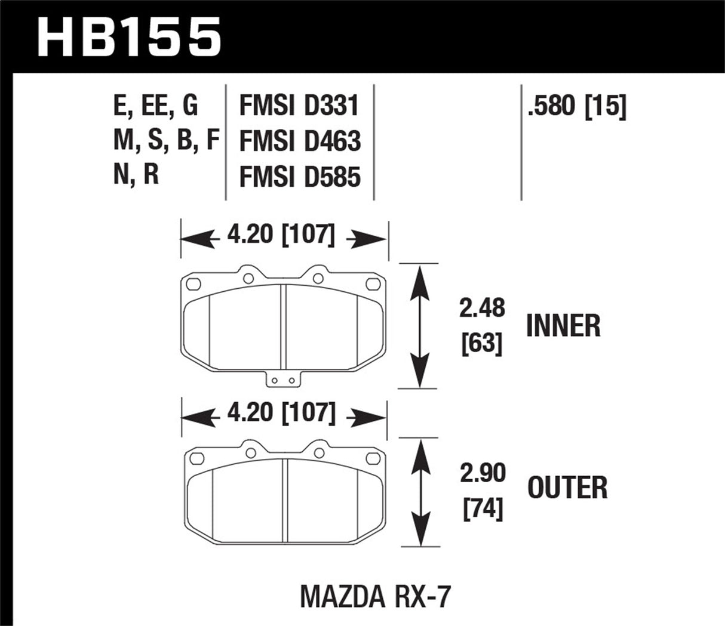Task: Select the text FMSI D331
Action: (x=299, y=107)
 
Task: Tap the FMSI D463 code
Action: (x=300, y=142)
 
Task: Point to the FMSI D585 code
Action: (x=300, y=177)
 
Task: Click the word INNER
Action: (x=563, y=326)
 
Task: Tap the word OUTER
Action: (x=567, y=488)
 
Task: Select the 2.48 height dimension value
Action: (x=482, y=309)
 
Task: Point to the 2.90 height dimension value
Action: (x=483, y=473)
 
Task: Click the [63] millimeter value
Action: (x=482, y=344)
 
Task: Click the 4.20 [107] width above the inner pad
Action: (x=281, y=235)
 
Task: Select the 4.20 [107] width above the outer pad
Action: (x=281, y=413)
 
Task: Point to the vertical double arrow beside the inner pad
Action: (x=420, y=326)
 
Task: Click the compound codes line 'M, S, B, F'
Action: (x=166, y=141)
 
